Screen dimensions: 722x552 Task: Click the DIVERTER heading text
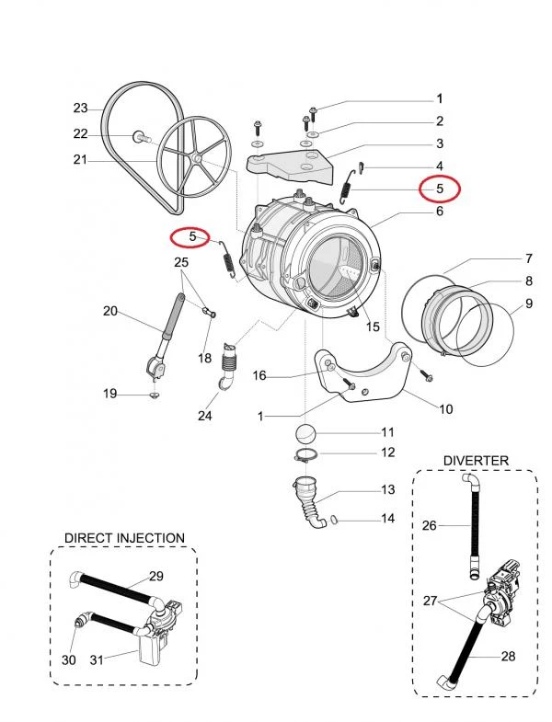[x=476, y=460]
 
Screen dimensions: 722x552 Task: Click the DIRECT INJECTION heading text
[x=124, y=537]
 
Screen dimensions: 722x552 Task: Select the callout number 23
[x=80, y=109]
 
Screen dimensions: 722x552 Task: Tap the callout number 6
[x=440, y=212]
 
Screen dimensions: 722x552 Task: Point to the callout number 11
[x=388, y=431]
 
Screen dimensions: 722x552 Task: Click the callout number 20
[x=110, y=312]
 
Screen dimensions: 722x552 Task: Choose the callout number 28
[x=508, y=657]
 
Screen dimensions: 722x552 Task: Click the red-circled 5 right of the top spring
[x=440, y=189]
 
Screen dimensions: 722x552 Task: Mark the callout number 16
[x=259, y=375]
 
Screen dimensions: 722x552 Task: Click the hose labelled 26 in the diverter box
[x=473, y=524]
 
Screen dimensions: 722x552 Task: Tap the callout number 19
[x=110, y=394]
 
